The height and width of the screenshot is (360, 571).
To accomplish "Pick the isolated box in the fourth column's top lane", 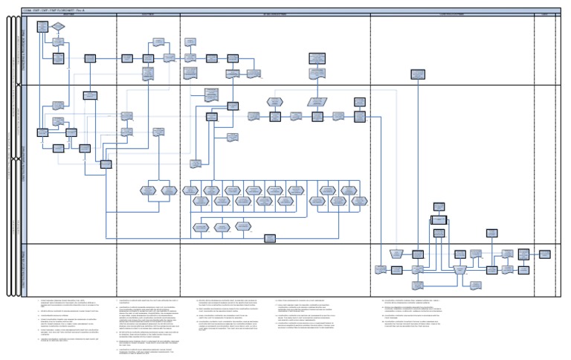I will coord(418,74).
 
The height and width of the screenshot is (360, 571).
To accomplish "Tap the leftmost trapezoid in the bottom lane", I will coord(397,254).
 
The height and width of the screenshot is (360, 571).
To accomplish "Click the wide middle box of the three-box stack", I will coord(441,220).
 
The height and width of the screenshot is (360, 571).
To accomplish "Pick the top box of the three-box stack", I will coord(439,206).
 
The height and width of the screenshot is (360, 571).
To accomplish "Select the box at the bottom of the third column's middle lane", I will coord(269,238).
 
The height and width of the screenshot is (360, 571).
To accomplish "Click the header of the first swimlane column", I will coord(71,15).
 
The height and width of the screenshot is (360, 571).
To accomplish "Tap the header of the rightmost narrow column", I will coord(544,15).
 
